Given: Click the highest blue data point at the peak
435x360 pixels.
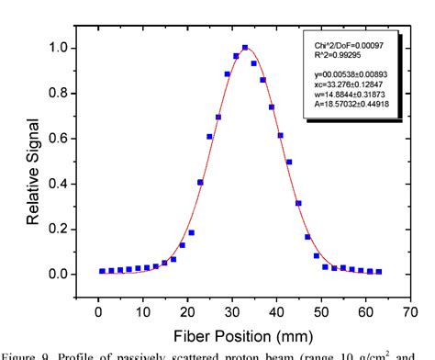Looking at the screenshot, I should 245,48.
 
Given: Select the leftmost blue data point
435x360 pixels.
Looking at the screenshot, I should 102,271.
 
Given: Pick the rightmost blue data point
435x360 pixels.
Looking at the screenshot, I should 378,271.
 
